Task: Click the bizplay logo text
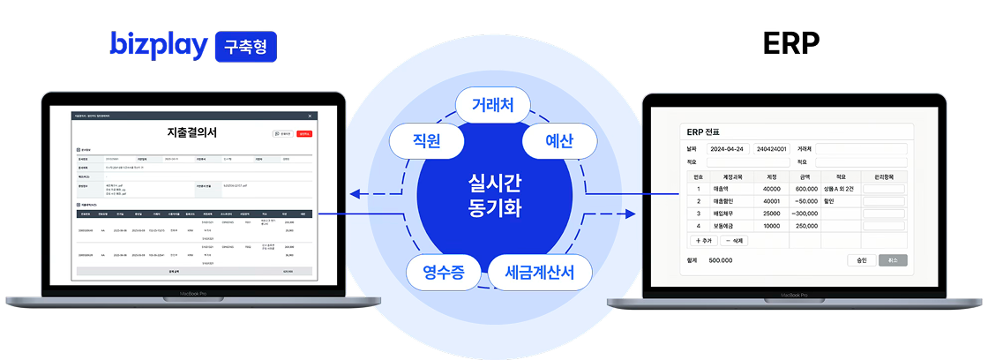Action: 158,45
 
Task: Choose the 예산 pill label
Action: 560,141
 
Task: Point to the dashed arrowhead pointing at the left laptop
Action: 353,193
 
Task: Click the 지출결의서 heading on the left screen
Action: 191,132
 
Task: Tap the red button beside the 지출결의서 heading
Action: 304,133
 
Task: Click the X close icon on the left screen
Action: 310,116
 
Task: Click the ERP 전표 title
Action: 704,131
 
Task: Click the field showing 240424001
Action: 774,148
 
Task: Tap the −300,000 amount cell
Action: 805,214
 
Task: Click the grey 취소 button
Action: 893,260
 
